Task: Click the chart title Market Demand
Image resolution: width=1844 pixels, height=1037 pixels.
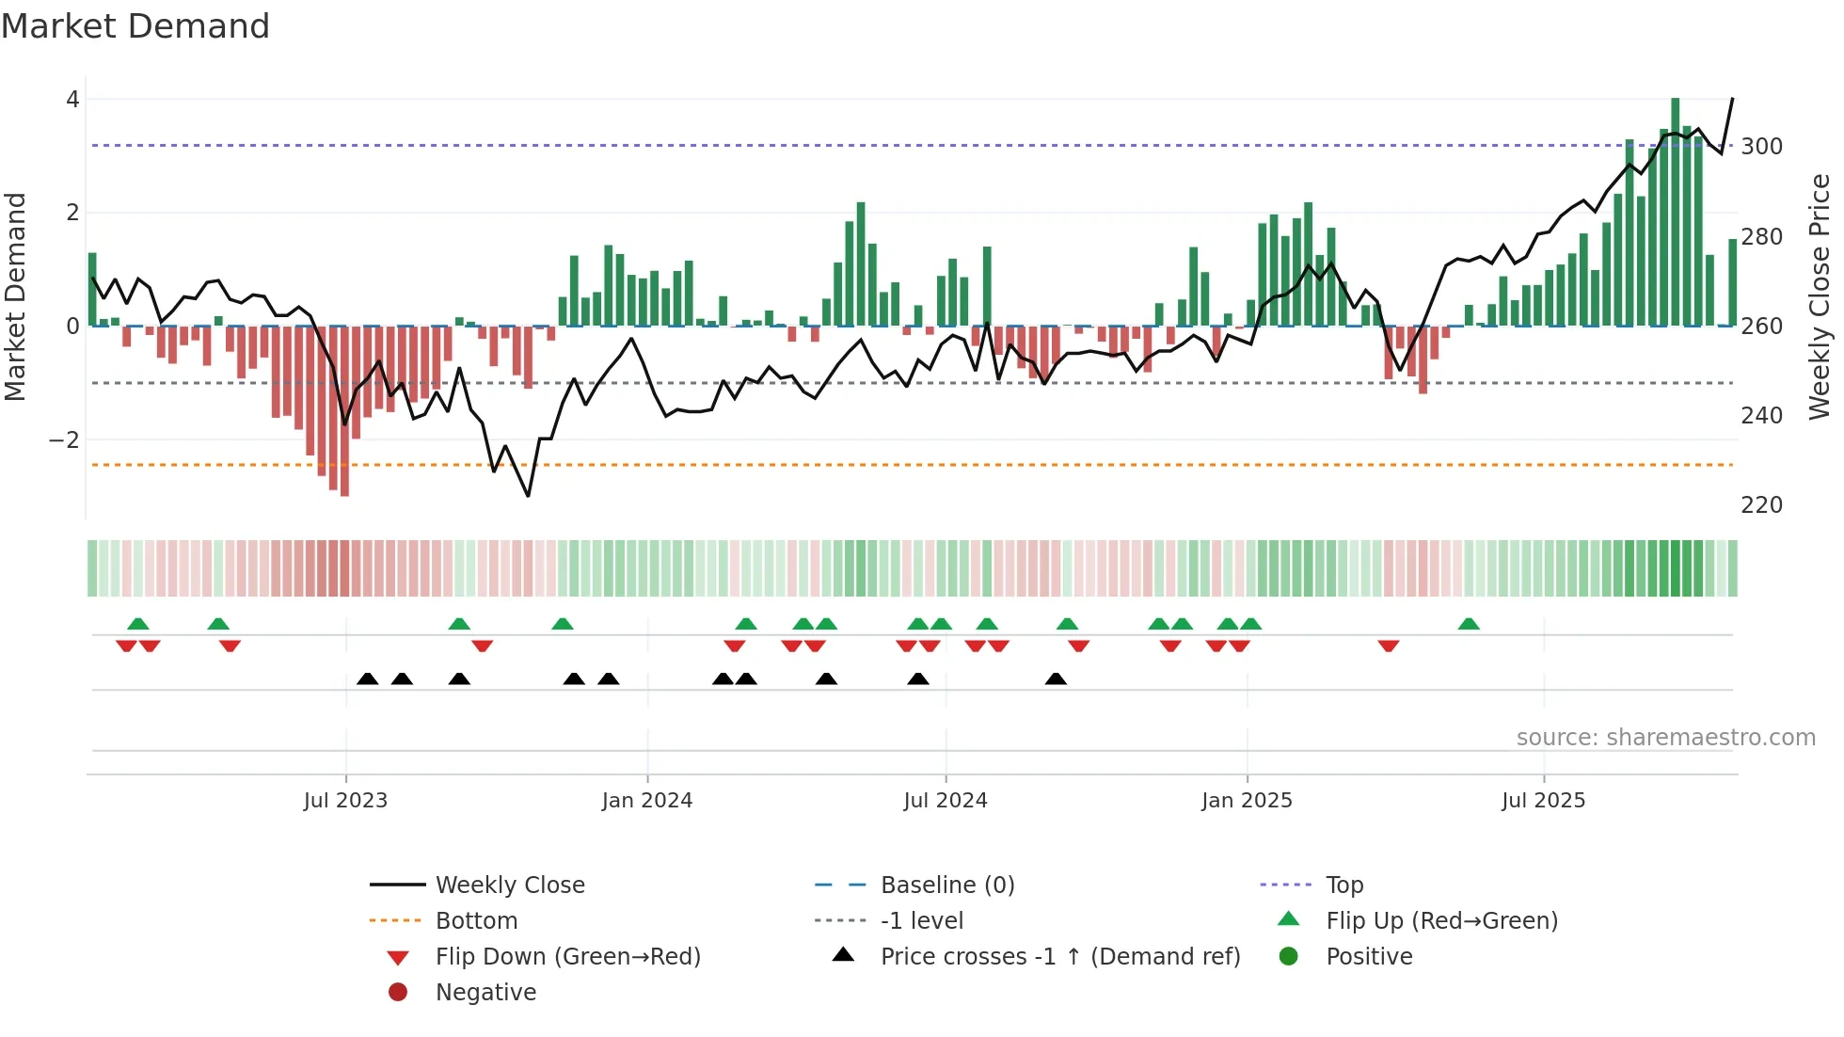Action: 135,26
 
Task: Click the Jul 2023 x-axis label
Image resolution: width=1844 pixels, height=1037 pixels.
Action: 345,801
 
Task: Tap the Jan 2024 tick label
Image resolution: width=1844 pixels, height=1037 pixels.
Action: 647,801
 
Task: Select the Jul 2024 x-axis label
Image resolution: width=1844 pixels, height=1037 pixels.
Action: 946,801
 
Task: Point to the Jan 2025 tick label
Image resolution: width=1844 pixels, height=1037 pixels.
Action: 1247,801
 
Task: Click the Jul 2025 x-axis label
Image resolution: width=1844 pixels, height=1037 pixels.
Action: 1543,801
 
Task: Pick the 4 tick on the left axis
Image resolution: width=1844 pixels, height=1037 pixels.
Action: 72,100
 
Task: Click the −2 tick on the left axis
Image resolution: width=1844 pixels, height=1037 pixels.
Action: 64,440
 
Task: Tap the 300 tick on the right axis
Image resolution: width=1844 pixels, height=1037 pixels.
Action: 1761,147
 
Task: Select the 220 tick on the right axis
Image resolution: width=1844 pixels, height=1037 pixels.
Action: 1761,505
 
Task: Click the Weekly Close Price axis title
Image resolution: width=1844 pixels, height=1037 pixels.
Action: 1820,296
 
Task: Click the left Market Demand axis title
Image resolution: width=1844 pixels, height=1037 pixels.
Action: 15,296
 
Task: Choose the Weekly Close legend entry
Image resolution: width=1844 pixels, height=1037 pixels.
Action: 509,885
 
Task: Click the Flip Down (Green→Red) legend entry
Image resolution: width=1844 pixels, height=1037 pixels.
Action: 567,957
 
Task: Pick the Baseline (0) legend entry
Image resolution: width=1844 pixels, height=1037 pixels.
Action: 946,885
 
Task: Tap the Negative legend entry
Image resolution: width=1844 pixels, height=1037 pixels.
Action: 485,993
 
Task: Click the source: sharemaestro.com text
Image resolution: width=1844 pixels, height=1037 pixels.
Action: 1665,738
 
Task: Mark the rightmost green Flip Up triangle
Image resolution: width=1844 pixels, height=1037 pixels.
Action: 1469,624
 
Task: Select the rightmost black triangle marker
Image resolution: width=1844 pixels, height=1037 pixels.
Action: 1056,679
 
